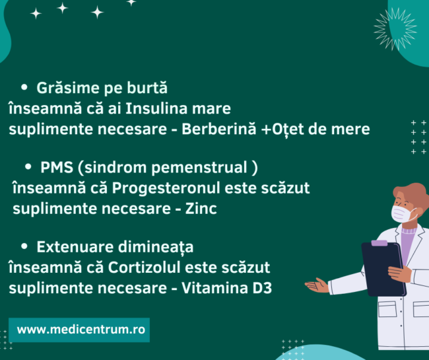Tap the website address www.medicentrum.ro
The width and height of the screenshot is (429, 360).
79,329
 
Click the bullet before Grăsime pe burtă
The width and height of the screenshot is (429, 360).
25,87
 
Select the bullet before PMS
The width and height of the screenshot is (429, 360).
28,166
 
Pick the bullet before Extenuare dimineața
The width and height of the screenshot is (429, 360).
24,246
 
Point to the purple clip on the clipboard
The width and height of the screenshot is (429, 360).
379,243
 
